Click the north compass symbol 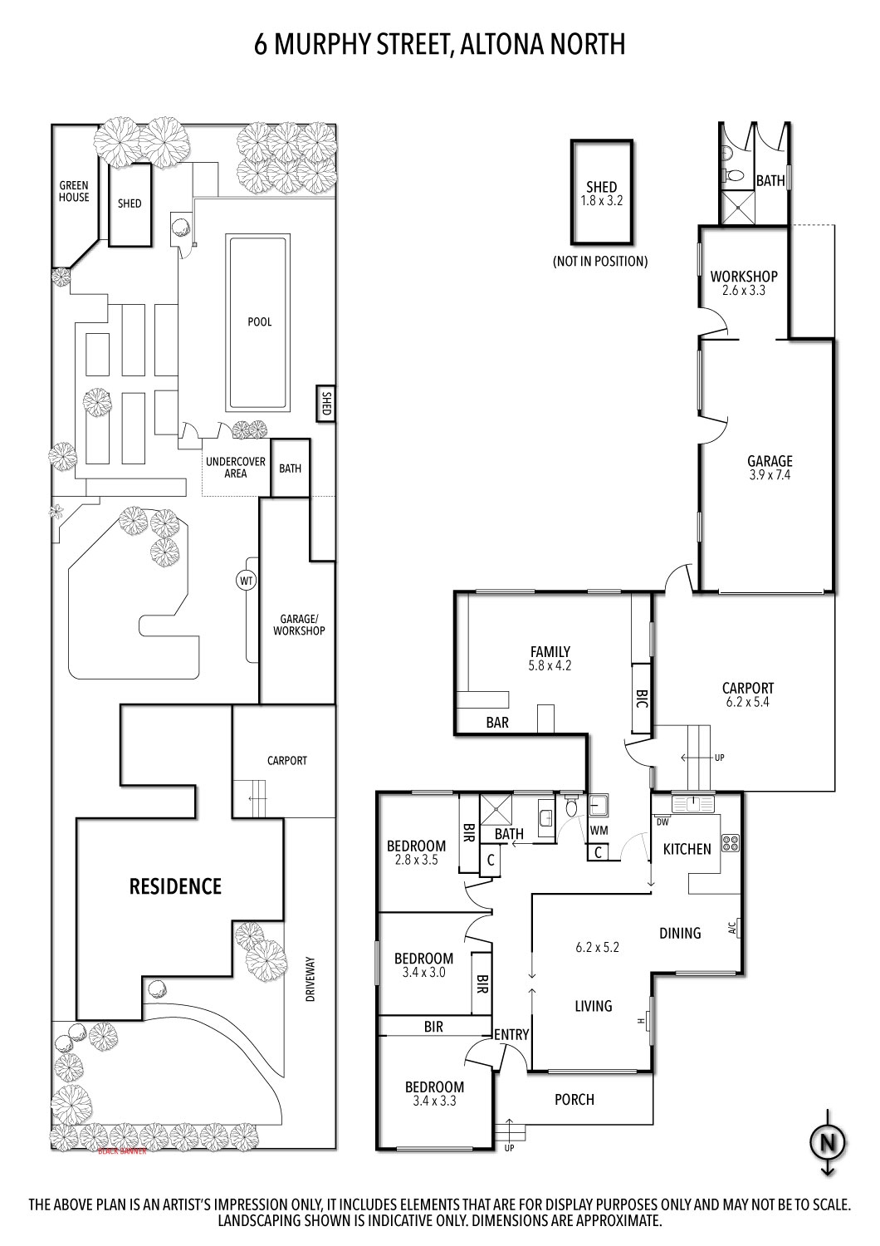click(x=828, y=1143)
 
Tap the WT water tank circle click(x=247, y=580)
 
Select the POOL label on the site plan click(x=260, y=322)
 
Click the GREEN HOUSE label click(x=74, y=192)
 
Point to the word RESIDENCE click(x=175, y=886)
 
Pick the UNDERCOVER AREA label click(x=236, y=468)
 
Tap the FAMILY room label click(x=550, y=652)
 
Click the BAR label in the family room click(x=497, y=723)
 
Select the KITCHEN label click(x=687, y=849)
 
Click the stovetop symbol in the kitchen click(x=730, y=843)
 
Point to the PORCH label click(x=574, y=1099)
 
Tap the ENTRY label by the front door click(x=511, y=1034)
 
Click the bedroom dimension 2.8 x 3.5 click(x=416, y=861)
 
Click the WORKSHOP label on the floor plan click(x=743, y=277)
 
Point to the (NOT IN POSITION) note click(x=599, y=261)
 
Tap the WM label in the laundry click(x=599, y=830)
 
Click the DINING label click(x=680, y=933)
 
